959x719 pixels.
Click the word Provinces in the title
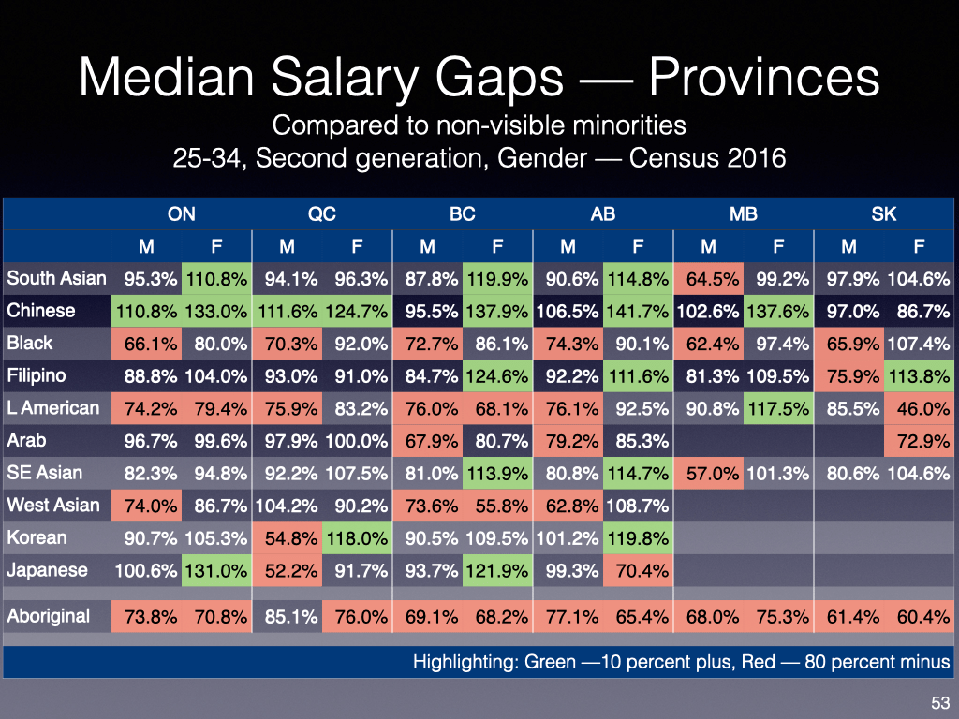[764, 79]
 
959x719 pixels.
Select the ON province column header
[182, 214]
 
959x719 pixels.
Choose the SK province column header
[884, 214]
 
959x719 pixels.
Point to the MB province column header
[744, 214]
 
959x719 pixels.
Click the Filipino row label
[37, 375]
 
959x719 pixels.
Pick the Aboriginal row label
[49, 616]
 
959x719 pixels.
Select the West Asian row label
[53, 506]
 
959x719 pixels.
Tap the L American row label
[53, 408]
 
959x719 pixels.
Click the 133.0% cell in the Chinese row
[216, 311]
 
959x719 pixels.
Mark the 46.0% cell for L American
[919, 408]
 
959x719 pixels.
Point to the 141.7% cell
[638, 311]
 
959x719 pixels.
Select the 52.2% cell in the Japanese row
[287, 570]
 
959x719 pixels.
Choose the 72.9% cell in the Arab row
[919, 441]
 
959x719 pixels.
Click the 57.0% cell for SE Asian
[708, 473]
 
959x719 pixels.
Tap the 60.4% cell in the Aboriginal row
[919, 617]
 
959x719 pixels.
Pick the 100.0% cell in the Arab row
[357, 441]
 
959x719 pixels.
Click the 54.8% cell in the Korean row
[287, 537]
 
